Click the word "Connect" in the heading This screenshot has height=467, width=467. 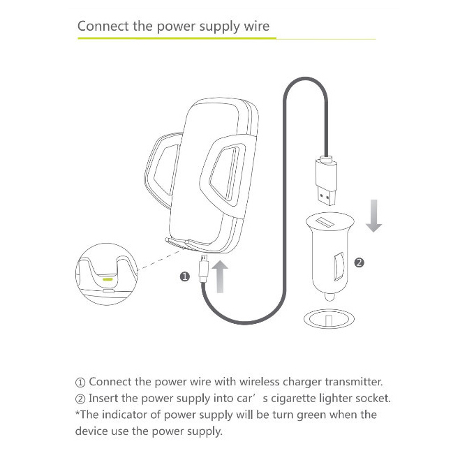[x=103, y=26]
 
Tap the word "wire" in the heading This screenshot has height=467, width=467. [x=257, y=26]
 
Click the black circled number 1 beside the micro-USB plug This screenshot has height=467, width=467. [x=185, y=276]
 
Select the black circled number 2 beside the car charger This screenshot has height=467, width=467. [x=359, y=262]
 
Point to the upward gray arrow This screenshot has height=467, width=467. [x=220, y=276]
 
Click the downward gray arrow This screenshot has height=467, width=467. [x=373, y=216]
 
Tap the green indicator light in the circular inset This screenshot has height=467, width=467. [x=108, y=279]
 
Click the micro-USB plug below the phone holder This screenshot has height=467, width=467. [x=204, y=268]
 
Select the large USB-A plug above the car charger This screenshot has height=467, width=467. [x=327, y=181]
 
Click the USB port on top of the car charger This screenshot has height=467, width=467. [x=325, y=222]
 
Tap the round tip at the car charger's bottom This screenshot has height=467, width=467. [x=329, y=297]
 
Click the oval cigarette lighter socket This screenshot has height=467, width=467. [x=329, y=319]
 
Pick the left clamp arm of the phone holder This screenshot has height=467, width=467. [x=161, y=170]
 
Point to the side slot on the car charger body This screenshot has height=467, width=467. [x=339, y=267]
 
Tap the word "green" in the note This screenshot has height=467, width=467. [x=311, y=415]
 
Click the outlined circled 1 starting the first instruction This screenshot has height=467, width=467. [x=80, y=383]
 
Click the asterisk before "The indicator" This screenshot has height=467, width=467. [x=77, y=412]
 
